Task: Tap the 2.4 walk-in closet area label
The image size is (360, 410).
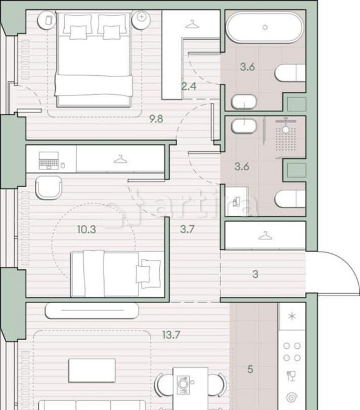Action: pyautogui.click(x=189, y=87)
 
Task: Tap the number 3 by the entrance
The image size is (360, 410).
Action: pyautogui.click(x=255, y=274)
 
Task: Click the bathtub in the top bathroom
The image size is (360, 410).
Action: pyautogui.click(x=264, y=28)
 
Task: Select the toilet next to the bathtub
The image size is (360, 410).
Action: pyautogui.click(x=290, y=73)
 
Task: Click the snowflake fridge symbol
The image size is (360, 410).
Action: pyautogui.click(x=291, y=316)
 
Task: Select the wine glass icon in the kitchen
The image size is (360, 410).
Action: pyautogui.click(x=291, y=376)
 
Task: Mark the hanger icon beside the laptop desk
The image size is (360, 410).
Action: pyautogui.click(x=121, y=160)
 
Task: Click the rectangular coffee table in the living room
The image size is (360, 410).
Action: pyautogui.click(x=92, y=369)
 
